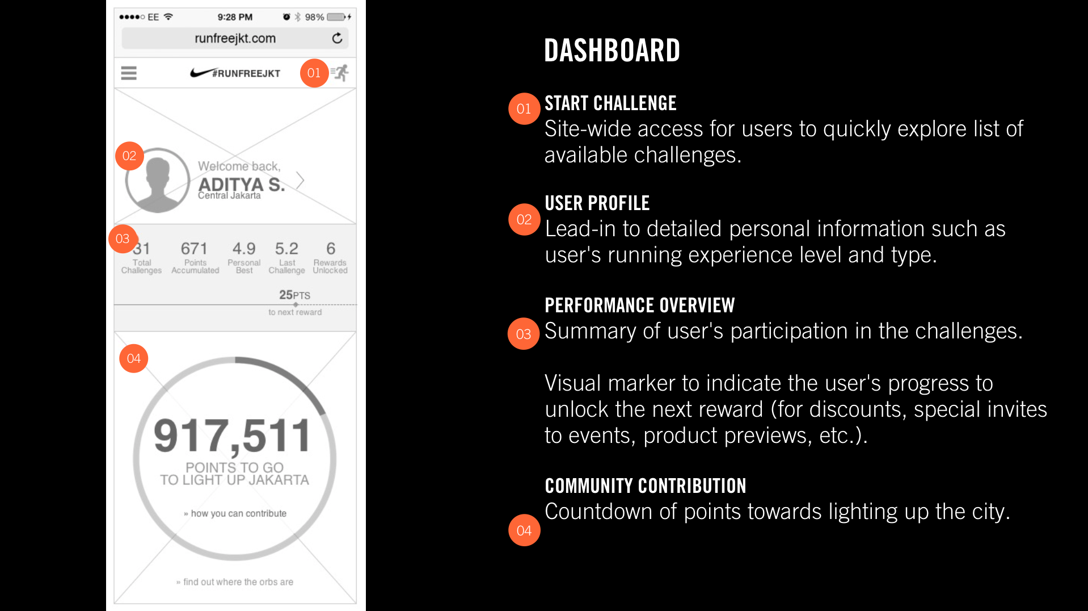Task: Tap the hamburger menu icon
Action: [129, 73]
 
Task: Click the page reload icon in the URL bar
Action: [337, 38]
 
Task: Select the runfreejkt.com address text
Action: [235, 38]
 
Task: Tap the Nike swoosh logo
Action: [201, 73]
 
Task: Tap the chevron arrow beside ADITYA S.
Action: [300, 181]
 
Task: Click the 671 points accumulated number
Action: [194, 249]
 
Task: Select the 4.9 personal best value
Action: [244, 249]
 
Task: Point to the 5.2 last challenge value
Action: [286, 249]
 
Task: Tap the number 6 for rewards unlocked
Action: [331, 249]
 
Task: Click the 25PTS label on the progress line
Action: [294, 295]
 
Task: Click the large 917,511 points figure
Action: [233, 436]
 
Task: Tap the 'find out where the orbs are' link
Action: [235, 582]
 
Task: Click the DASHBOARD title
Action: [612, 51]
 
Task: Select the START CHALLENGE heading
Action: [610, 103]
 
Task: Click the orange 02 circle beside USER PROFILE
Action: [524, 219]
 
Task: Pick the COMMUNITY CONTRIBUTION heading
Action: [646, 486]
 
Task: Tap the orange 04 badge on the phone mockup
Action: [134, 358]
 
